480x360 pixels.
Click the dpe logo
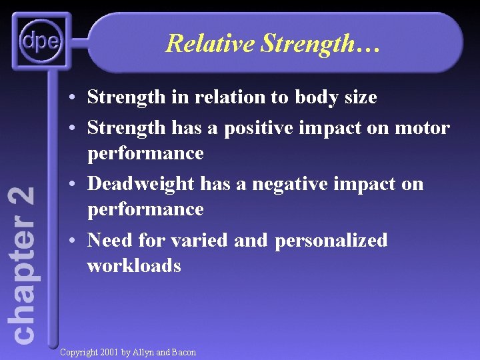tap(41, 42)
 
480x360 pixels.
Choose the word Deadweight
tap(141, 183)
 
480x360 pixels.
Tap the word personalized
tap(330, 239)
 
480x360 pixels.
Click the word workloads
tap(133, 265)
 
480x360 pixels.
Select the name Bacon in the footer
tap(184, 352)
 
